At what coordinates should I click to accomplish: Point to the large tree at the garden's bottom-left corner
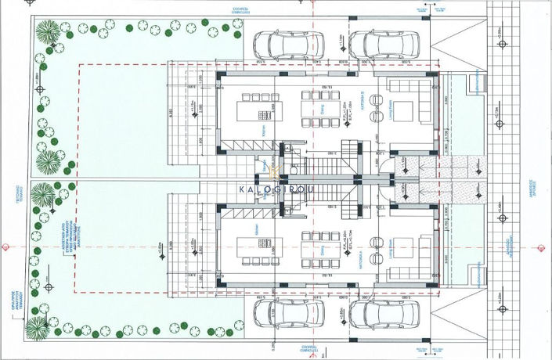[x=38, y=326]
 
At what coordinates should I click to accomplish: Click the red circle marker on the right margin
[x=543, y=246]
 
